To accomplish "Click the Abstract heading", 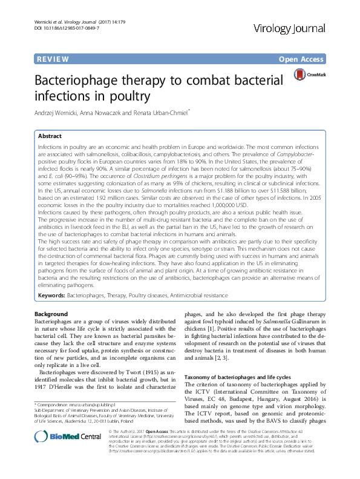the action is tap(50, 136).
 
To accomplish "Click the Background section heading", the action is tap(51, 314).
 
